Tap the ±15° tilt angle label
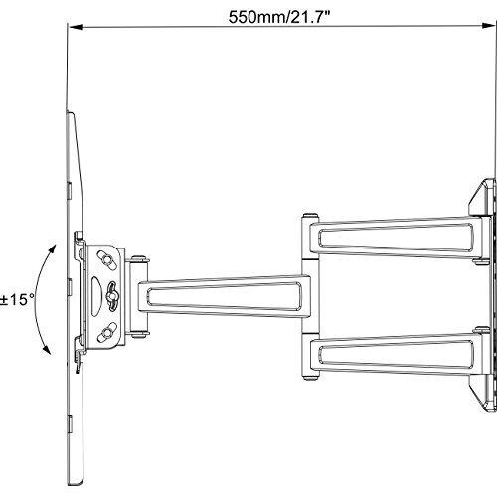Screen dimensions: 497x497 click(x=17, y=300)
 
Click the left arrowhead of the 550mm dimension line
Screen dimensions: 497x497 click(x=76, y=27)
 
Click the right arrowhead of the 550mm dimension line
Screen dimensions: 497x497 click(x=488, y=26)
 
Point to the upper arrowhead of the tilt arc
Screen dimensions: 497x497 click(x=52, y=249)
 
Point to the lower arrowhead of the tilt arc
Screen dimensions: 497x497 click(x=48, y=350)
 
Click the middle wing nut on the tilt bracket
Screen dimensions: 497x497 click(x=112, y=296)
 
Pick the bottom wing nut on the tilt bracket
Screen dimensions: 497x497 click(x=106, y=333)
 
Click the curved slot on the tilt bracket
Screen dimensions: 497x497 click(x=95, y=296)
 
